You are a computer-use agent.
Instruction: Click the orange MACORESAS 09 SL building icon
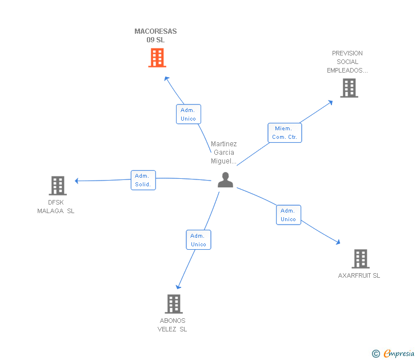tap(157, 58)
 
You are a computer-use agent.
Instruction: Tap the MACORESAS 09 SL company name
tap(155, 35)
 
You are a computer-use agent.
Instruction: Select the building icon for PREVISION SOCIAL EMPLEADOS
tap(349, 88)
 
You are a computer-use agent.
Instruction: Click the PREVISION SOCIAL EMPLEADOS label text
tap(347, 62)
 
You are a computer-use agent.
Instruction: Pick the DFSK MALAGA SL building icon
tap(57, 186)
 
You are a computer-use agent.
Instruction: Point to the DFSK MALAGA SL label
tap(56, 206)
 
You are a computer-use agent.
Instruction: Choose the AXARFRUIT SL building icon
tap(360, 259)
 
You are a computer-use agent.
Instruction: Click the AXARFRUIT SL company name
tap(359, 275)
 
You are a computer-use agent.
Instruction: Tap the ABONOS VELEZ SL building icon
tap(174, 304)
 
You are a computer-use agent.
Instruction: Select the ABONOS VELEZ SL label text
tap(173, 325)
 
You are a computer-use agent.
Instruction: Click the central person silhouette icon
tap(226, 180)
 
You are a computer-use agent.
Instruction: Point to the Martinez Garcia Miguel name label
tap(223, 153)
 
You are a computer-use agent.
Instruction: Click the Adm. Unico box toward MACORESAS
tap(189, 114)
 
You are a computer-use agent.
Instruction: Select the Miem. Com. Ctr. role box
tap(285, 133)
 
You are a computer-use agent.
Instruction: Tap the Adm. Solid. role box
tap(143, 180)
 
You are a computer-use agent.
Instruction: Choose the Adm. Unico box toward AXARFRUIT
tap(289, 215)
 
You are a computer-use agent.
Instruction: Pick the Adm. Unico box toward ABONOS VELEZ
tap(198, 240)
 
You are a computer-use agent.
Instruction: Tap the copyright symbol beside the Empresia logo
tap(376, 354)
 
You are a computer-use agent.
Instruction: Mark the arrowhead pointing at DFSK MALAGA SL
tap(77, 181)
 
